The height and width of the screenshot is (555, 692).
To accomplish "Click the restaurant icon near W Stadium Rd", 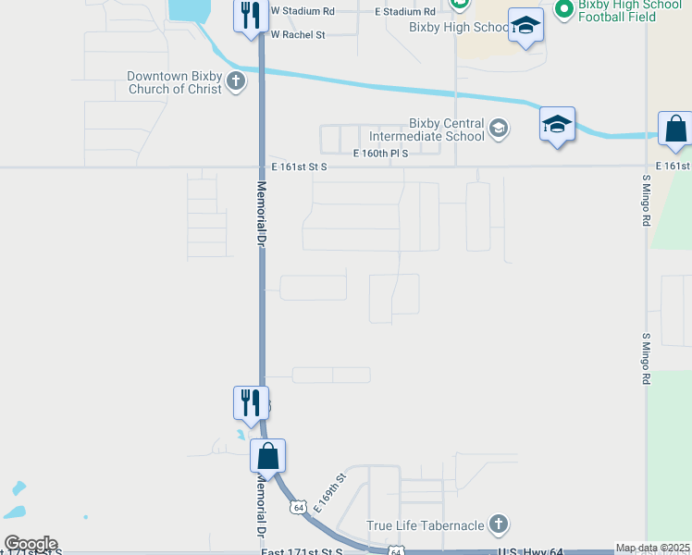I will pyautogui.click(x=250, y=17).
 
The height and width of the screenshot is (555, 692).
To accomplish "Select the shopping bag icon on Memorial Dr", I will pyautogui.click(x=268, y=456).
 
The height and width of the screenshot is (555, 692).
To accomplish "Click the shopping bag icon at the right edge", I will pyautogui.click(x=675, y=130).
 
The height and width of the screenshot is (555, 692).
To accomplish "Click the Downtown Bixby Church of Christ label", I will pyautogui.click(x=174, y=82).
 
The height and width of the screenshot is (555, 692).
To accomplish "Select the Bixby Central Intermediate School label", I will pyautogui.click(x=447, y=129).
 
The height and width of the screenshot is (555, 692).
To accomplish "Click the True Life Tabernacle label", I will pyautogui.click(x=426, y=525).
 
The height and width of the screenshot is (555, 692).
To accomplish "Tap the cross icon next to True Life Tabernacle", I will pyautogui.click(x=498, y=525).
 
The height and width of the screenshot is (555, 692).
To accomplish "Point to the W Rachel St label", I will pyautogui.click(x=297, y=34).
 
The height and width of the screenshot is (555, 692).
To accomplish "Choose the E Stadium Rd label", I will pyautogui.click(x=404, y=11).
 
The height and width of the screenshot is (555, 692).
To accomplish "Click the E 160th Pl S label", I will pyautogui.click(x=380, y=154).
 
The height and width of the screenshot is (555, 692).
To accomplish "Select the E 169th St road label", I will pyautogui.click(x=329, y=493).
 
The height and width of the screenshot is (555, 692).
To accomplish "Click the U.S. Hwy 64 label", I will pyautogui.click(x=524, y=551).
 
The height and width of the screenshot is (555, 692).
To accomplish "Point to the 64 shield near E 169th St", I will pyautogui.click(x=298, y=508).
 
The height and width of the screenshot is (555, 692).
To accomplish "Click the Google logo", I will pyautogui.click(x=30, y=544).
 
